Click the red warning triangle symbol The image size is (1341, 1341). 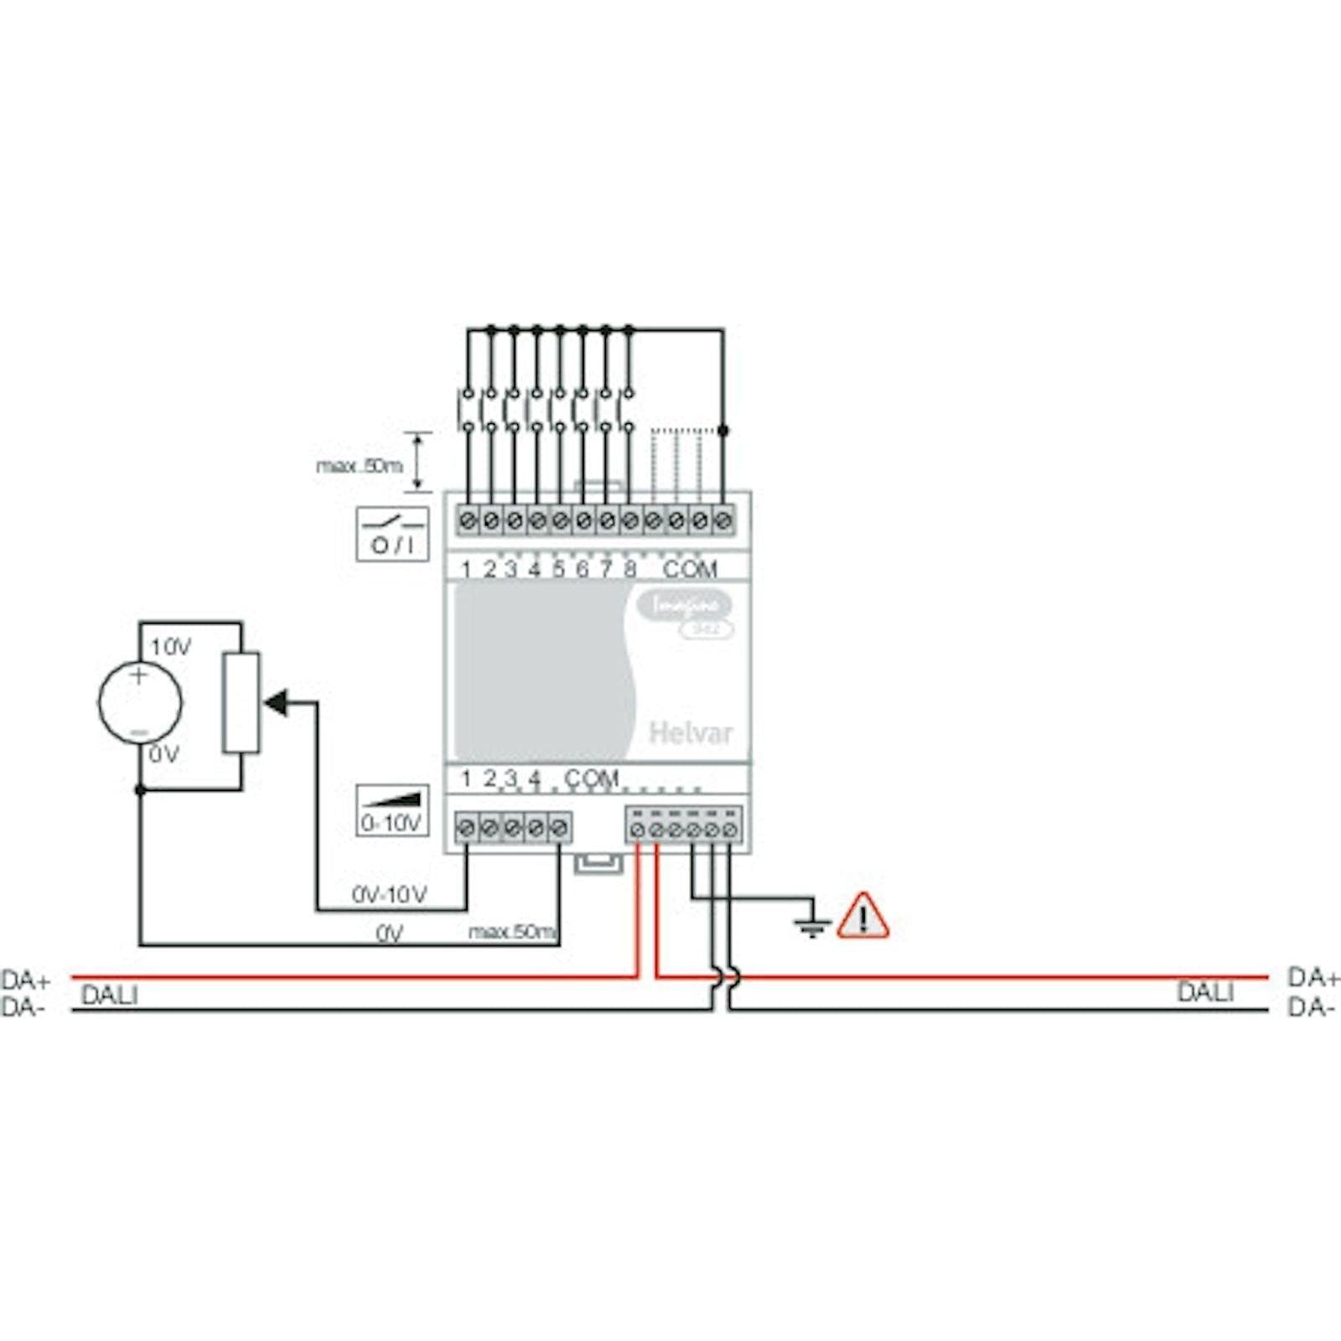(x=862, y=916)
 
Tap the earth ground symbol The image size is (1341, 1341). (x=811, y=924)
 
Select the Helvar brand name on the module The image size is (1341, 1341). (x=690, y=733)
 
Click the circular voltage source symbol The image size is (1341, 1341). (x=139, y=702)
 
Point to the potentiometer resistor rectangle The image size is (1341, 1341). (x=241, y=702)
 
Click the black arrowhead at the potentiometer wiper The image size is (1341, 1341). (x=276, y=702)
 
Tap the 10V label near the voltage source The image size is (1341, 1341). (x=170, y=647)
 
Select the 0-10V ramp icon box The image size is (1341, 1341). (x=392, y=810)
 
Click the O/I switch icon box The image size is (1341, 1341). (x=392, y=534)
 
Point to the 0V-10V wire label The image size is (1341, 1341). (x=390, y=895)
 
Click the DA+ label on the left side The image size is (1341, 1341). (x=26, y=979)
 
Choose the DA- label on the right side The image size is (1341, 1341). (x=1311, y=1007)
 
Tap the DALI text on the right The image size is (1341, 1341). (x=1205, y=992)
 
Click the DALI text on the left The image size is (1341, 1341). (x=110, y=996)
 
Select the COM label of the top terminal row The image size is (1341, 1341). (x=690, y=570)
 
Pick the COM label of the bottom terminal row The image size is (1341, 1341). (x=591, y=779)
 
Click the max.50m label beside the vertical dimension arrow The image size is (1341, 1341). (x=360, y=466)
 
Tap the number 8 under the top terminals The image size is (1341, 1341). (x=630, y=570)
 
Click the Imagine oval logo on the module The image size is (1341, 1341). (x=684, y=604)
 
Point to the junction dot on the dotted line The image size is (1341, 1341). (x=723, y=430)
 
